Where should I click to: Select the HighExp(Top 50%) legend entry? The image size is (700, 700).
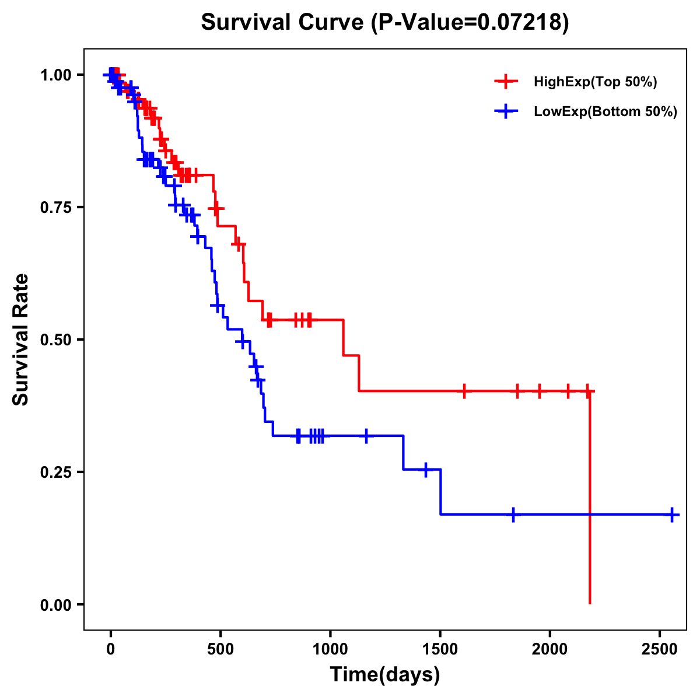[x=595, y=82]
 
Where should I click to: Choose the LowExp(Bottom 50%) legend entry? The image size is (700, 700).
[x=605, y=112]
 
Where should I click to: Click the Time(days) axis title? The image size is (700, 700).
[x=385, y=675]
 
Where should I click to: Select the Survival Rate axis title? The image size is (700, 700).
[x=22, y=339]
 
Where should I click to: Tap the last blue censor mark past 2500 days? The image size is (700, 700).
[x=672, y=514]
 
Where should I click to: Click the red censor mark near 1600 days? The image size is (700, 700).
[x=464, y=391]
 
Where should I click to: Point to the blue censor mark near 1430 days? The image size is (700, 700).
[x=425, y=469]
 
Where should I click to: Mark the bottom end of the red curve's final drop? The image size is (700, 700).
[x=590, y=603]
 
